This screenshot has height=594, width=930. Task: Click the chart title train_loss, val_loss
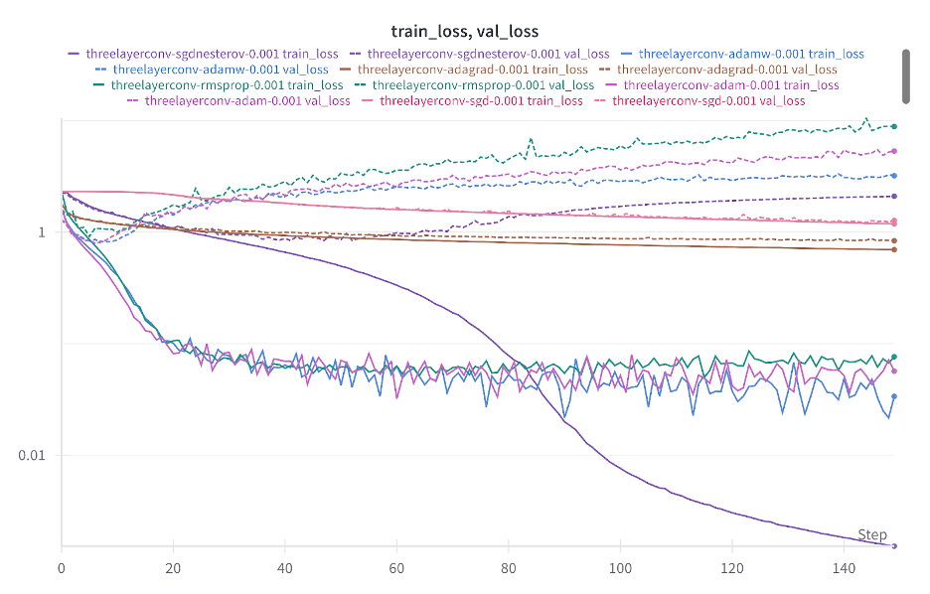[x=465, y=32]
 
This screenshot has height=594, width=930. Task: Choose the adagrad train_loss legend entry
[x=472, y=70]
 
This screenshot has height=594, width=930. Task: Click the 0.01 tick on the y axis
[x=32, y=455]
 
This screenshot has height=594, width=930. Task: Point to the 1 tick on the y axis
[x=42, y=232]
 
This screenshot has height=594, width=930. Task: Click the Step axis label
[x=871, y=534]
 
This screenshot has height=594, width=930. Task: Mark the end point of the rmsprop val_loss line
[x=894, y=126]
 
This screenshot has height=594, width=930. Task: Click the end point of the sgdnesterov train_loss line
[x=894, y=545]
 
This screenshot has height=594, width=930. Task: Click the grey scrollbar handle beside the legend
[x=906, y=74]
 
